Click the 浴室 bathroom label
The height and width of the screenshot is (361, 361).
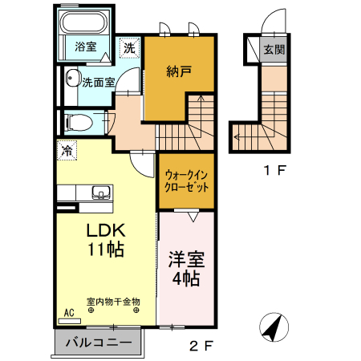(85, 47)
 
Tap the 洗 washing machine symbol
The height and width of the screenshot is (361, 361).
(129, 47)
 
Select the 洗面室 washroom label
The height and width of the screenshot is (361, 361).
(98, 81)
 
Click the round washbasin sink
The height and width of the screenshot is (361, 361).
(71, 79)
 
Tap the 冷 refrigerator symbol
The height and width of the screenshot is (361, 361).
(67, 150)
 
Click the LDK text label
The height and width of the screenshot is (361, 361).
(105, 229)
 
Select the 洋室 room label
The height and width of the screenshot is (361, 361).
(185, 260)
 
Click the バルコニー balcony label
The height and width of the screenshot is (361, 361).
(99, 343)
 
